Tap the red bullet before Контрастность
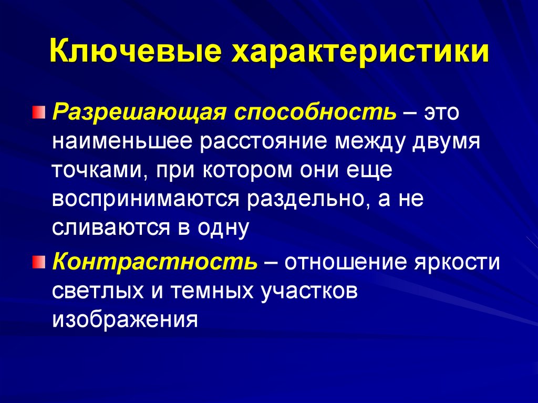pos(40,261)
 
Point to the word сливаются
pos(104,229)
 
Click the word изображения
pos(125,319)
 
